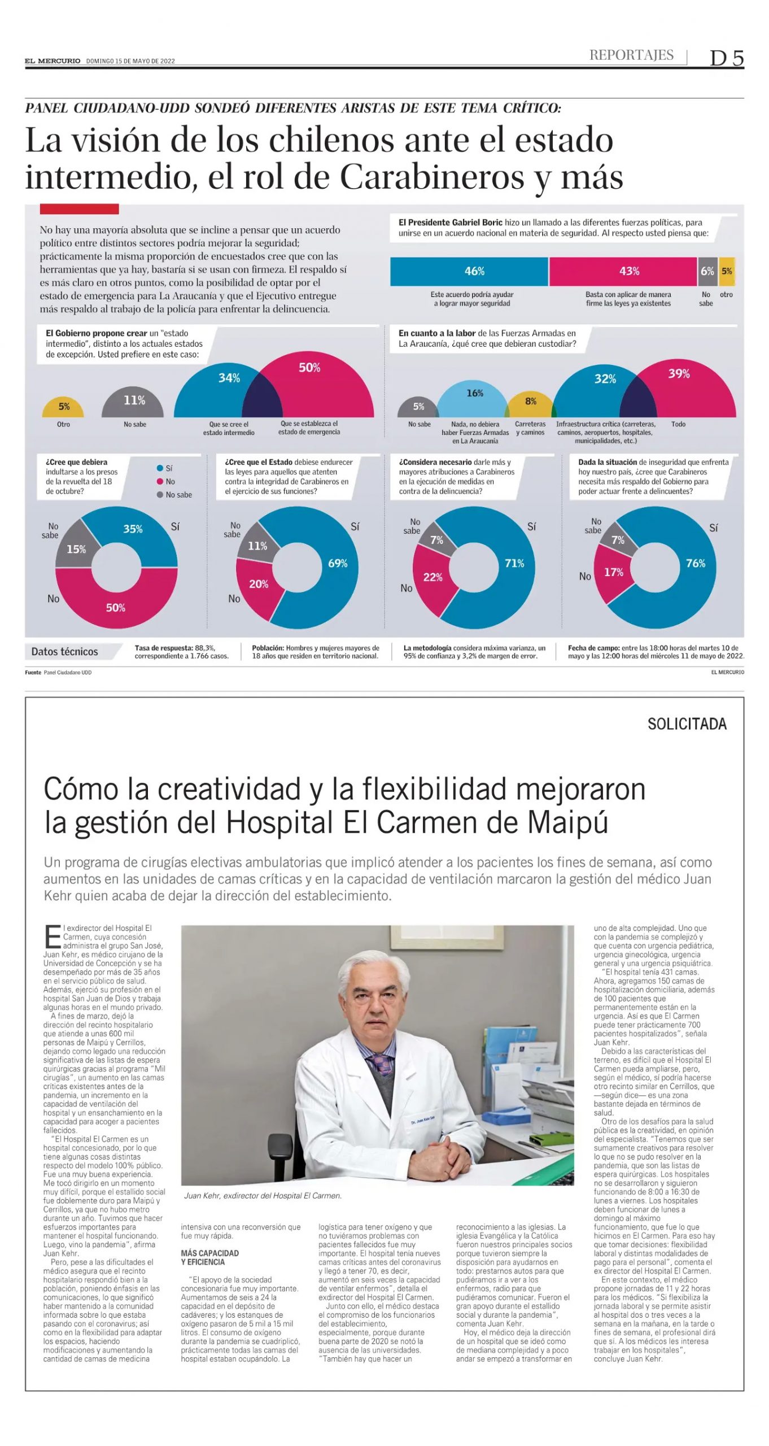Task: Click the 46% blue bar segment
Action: coord(469,271)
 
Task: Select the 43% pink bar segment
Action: coord(623,271)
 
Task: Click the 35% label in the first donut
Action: coord(133,529)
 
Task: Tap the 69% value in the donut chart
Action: coord(338,563)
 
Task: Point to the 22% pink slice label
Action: coord(432,577)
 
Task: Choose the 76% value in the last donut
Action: coord(696,563)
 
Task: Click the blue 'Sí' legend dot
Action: coord(160,468)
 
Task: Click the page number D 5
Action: coord(727,58)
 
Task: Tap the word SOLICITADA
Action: coord(687,724)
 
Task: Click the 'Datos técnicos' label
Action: coord(64,651)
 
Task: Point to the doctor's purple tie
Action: coord(382,1060)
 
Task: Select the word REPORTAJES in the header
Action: coord(631,55)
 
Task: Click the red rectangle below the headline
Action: coord(79,209)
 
